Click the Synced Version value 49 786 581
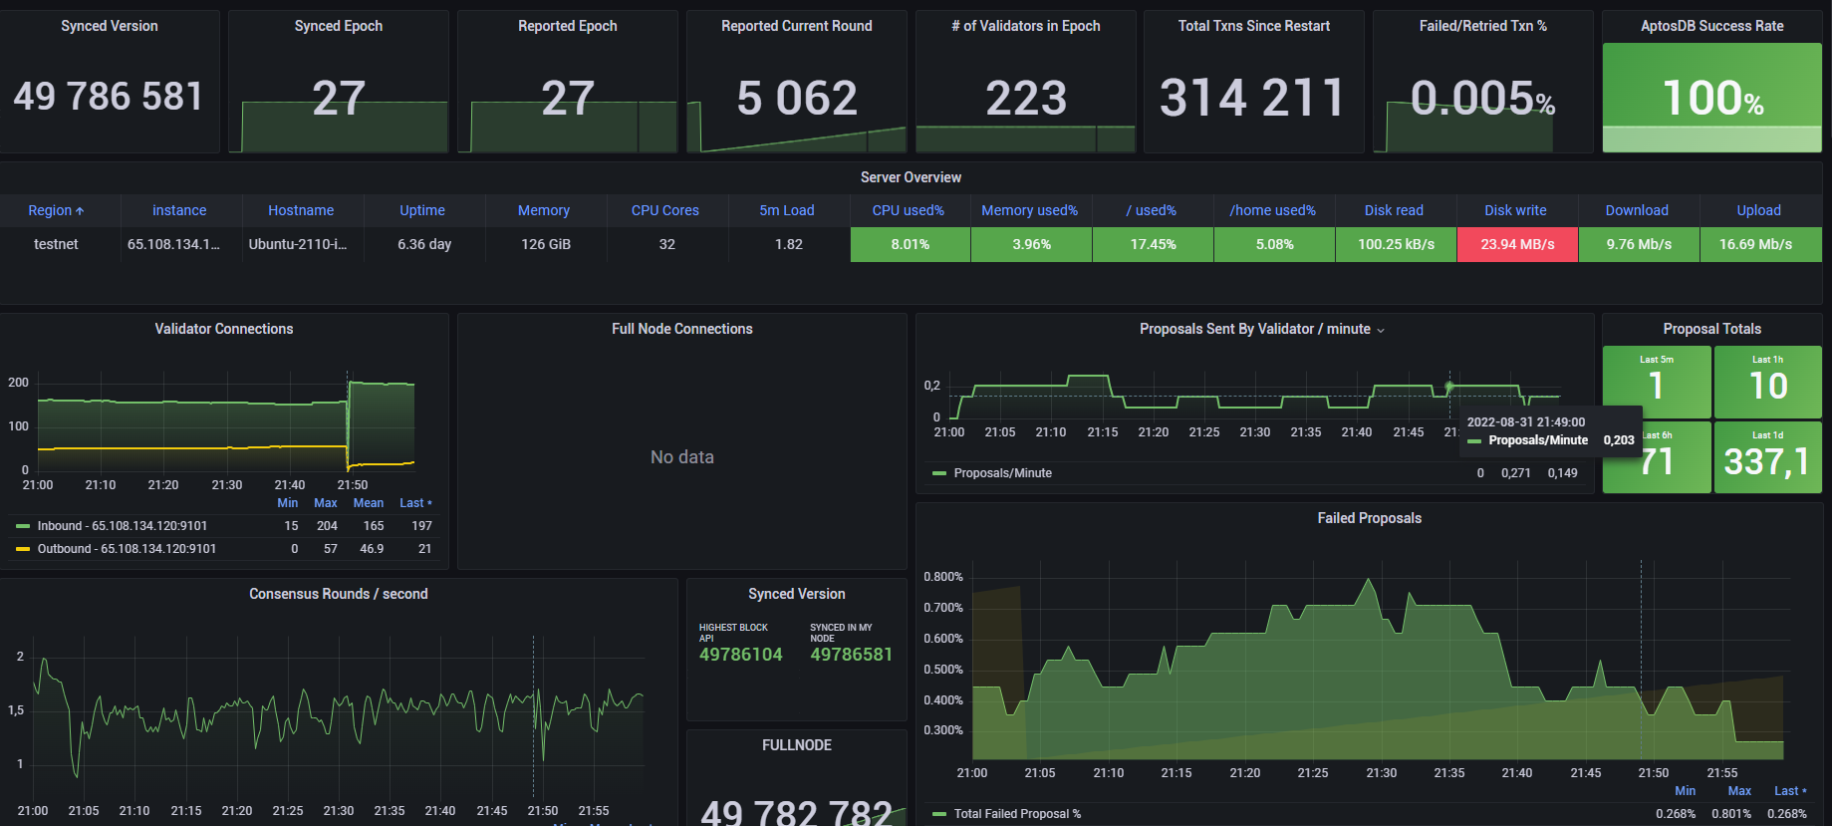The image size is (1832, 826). [x=109, y=97]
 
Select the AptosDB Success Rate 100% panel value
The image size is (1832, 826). [x=1711, y=98]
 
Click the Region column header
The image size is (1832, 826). [x=56, y=210]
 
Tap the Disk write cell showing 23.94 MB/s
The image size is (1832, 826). [x=1516, y=244]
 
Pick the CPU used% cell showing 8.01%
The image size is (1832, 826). [x=910, y=244]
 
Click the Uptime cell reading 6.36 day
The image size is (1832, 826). [x=424, y=244]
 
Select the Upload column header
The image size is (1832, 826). [x=1758, y=210]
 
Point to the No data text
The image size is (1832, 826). [x=681, y=457]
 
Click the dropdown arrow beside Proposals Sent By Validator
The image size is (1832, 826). [x=1381, y=331]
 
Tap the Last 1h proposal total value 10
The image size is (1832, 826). [x=1767, y=386]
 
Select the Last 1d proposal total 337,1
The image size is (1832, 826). [x=1766, y=461]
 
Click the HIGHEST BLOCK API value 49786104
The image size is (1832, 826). [x=740, y=655]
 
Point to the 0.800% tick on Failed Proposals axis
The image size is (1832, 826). [x=942, y=577]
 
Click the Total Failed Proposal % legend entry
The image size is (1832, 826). [x=1017, y=814]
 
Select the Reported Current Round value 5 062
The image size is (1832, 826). [x=796, y=98]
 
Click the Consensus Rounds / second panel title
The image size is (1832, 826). [x=338, y=594]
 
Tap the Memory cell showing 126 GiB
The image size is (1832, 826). [x=546, y=244]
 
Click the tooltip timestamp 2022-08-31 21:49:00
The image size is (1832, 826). [x=1525, y=422]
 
